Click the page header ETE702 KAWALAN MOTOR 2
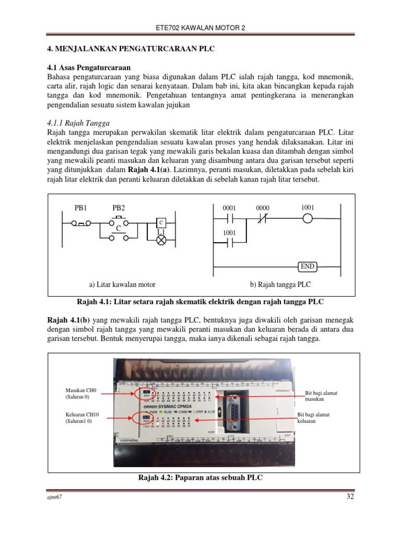point(200,28)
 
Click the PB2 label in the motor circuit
point(119,208)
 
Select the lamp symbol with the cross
point(161,240)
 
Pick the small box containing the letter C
point(161,222)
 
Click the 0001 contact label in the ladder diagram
point(230,208)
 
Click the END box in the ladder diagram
point(308,266)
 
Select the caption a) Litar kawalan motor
point(122,284)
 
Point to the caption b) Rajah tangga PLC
point(280,284)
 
